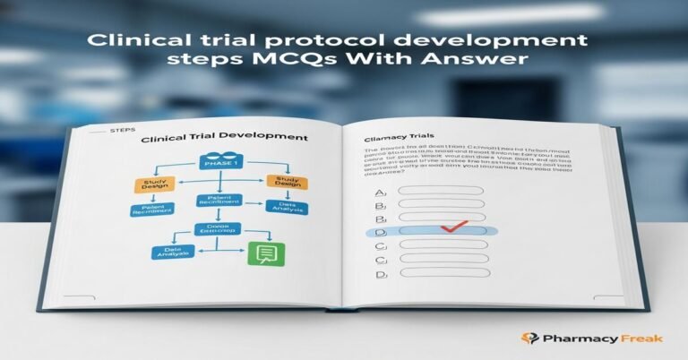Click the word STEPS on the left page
[122, 129]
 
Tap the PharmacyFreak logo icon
[530, 339]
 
